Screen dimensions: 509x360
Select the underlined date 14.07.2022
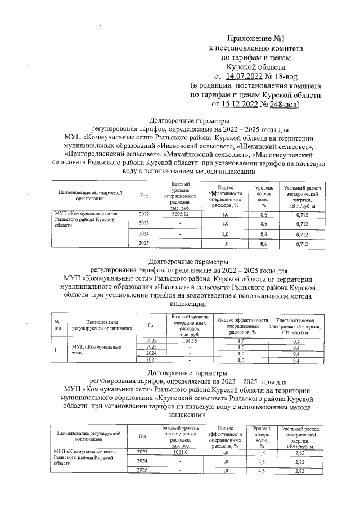coord(245,75)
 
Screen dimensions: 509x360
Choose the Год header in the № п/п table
coord(151,325)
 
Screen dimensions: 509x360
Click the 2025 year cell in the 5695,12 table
coord(145,244)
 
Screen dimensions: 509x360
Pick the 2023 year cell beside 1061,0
coord(142,452)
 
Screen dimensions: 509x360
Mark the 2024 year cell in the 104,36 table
coord(151,354)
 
